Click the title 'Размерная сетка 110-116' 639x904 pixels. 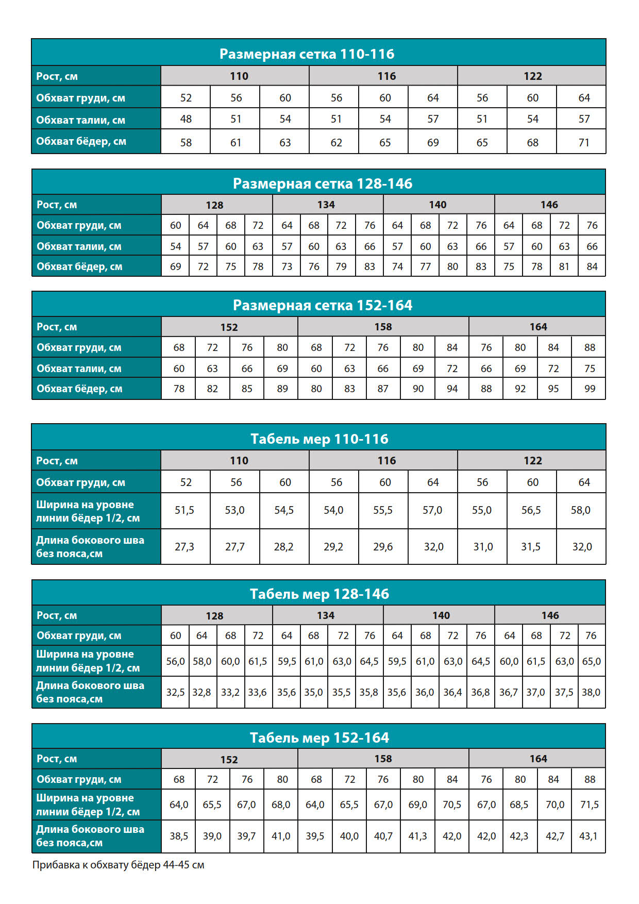307,54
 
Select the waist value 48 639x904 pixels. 186,119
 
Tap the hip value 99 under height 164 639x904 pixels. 590,389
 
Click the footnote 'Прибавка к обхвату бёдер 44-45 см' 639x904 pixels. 118,865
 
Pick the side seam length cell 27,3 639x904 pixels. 184,546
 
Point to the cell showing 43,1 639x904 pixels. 588,836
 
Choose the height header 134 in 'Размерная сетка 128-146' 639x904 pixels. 326,205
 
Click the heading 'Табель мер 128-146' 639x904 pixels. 319,594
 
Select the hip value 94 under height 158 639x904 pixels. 452,389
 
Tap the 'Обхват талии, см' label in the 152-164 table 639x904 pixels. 79,369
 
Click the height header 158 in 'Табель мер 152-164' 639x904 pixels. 383,759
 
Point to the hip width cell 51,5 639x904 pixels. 184,510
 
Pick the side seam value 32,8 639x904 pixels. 201,692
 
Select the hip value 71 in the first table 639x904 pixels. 584,142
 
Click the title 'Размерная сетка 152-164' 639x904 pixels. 322,305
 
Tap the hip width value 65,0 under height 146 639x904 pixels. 591,661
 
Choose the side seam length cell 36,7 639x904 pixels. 508,692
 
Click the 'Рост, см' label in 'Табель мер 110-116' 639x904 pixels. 57,461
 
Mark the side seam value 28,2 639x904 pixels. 283,546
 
